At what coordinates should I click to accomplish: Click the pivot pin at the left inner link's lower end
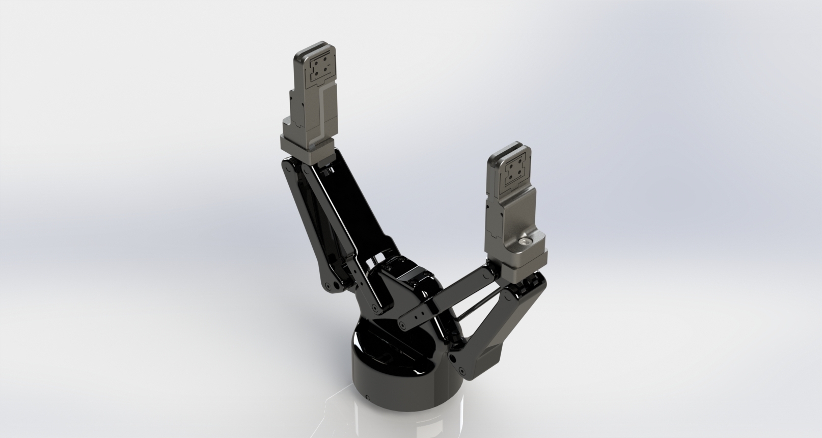tap(375, 309)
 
